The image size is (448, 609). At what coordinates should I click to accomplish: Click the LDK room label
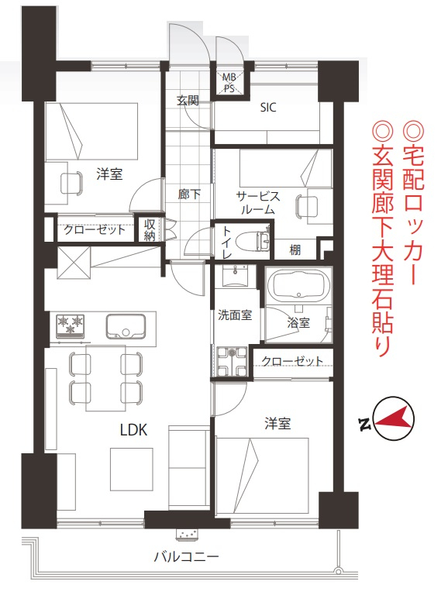(133, 430)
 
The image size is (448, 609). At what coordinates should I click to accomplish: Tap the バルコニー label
(187, 557)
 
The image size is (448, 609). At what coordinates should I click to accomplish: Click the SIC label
(268, 107)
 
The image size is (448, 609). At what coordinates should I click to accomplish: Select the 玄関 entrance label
(188, 101)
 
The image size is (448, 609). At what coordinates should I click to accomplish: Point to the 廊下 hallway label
(189, 194)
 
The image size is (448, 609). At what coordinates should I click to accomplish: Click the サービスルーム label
(258, 203)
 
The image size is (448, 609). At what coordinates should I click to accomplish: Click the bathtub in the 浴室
(298, 285)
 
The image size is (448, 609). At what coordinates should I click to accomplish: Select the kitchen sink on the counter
(126, 326)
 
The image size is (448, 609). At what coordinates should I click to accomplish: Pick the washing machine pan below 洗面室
(232, 362)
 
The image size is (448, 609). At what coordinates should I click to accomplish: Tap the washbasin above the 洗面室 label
(235, 275)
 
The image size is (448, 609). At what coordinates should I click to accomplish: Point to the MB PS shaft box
(229, 83)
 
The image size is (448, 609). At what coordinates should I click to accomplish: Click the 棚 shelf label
(295, 249)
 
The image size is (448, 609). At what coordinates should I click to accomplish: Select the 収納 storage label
(150, 230)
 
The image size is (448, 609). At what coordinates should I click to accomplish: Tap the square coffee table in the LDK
(131, 470)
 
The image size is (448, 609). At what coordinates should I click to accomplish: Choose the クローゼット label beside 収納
(95, 229)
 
